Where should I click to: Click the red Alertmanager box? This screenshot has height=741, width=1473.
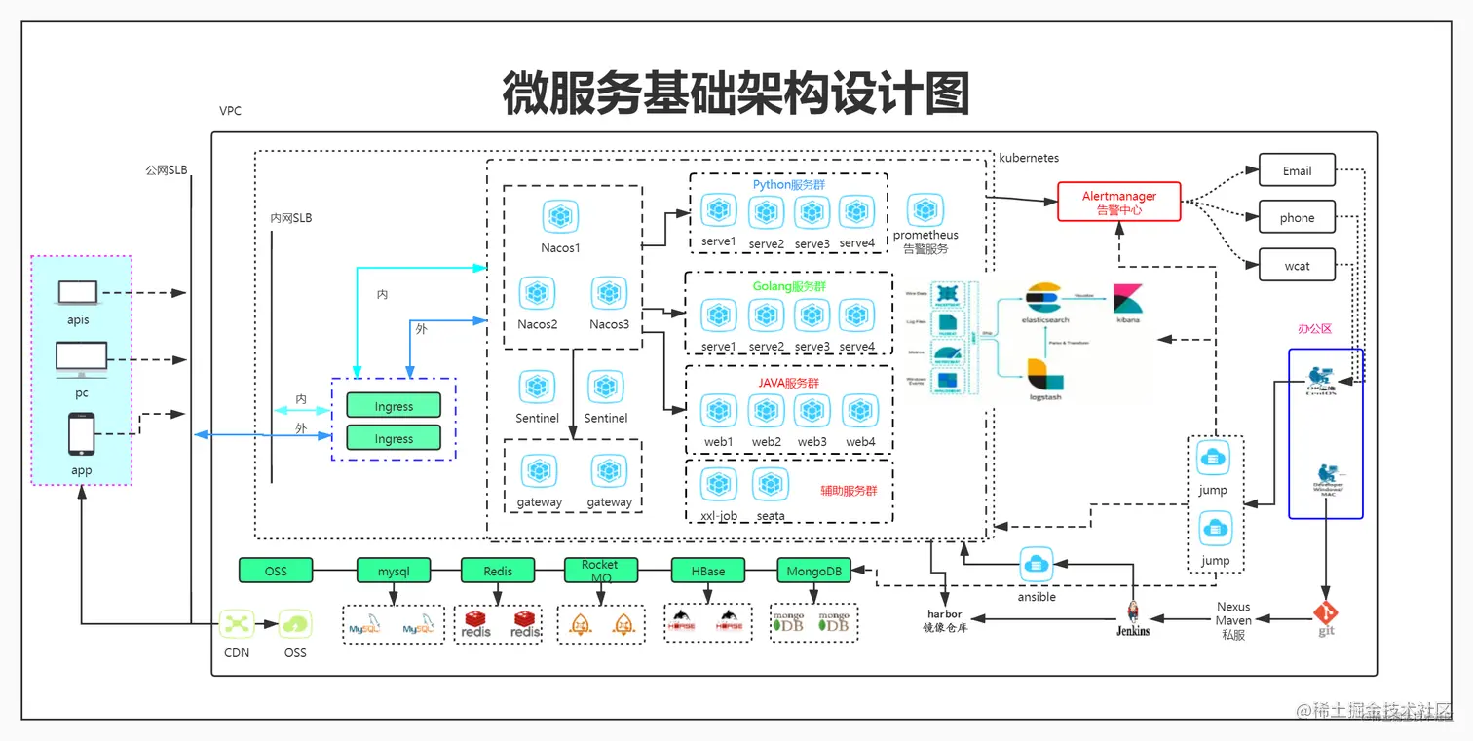point(1119,203)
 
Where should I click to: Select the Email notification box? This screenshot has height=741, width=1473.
point(1297,170)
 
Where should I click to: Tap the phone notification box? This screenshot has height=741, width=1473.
point(1297,217)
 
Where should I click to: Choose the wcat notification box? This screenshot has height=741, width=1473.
point(1297,265)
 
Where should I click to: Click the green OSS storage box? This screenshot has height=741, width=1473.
point(276,571)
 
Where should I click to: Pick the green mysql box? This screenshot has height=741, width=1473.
point(394,571)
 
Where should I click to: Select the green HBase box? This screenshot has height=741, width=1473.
point(708,571)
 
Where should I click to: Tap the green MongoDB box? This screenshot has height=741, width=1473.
point(813,571)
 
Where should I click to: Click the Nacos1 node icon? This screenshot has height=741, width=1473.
point(560,217)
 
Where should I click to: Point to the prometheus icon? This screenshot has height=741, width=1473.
point(925,210)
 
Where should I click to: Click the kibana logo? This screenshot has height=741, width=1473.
point(1128,298)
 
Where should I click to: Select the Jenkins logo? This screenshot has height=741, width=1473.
point(1133,612)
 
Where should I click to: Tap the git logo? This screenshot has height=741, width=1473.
point(1325,614)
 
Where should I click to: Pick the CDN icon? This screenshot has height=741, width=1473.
point(237,624)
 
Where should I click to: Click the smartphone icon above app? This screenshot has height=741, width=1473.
point(81,434)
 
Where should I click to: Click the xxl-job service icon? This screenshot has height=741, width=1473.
point(719,484)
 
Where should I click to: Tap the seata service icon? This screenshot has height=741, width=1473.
point(771,484)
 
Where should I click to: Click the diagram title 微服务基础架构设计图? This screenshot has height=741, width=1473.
point(736,94)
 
